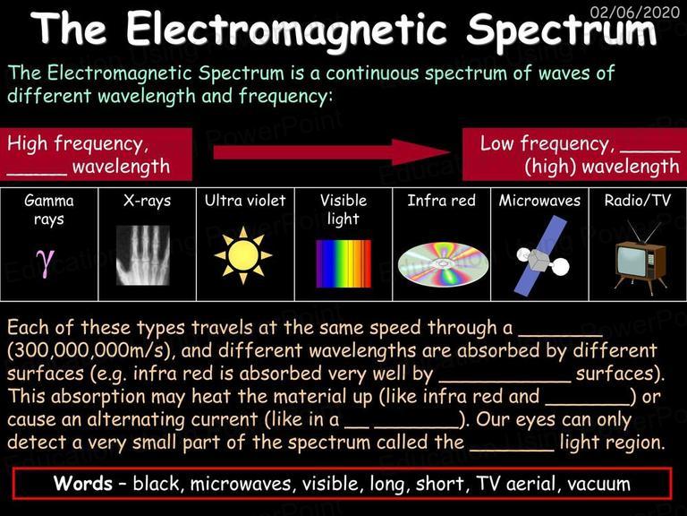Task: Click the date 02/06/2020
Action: pyautogui.click(x=634, y=12)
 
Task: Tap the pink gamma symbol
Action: pyautogui.click(x=45, y=262)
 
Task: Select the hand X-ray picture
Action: pyautogui.click(x=143, y=255)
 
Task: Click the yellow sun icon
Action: pyautogui.click(x=243, y=255)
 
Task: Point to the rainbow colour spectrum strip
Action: pyautogui.click(x=343, y=263)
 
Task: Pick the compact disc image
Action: pyautogui.click(x=443, y=263)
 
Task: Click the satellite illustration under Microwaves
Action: pyautogui.click(x=542, y=255)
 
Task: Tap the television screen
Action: pyautogui.click(x=632, y=262)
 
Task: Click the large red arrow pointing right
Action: pyautogui.click(x=332, y=152)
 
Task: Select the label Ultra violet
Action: pyautogui.click(x=245, y=201)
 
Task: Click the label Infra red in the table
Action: pyautogui.click(x=441, y=201)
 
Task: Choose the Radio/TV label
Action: pyautogui.click(x=638, y=201)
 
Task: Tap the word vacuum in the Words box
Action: pyautogui.click(x=598, y=484)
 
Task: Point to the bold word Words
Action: pyautogui.click(x=83, y=483)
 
